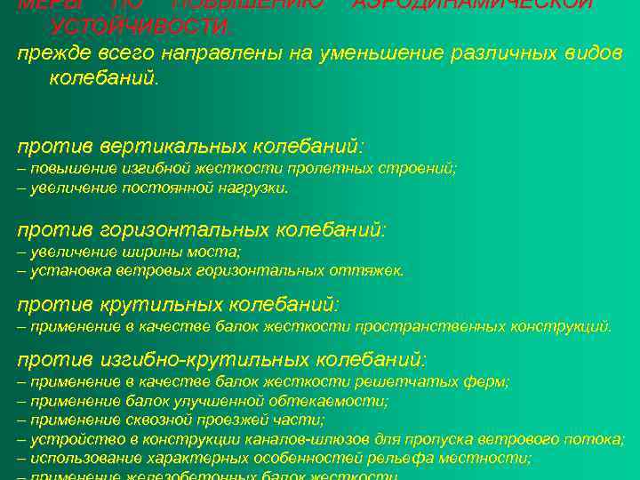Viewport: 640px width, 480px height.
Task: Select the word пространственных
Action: [427, 326]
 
